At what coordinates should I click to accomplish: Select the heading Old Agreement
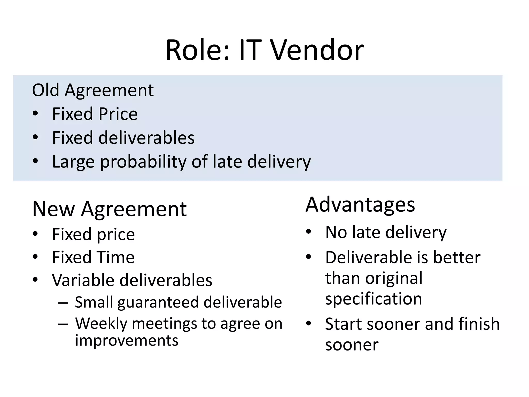(93, 90)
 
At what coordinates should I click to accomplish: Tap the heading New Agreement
(109, 209)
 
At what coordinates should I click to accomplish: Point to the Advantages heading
(360, 205)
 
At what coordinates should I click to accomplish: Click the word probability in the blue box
(143, 162)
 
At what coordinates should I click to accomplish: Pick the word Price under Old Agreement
(118, 114)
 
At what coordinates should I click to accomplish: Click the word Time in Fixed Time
(114, 257)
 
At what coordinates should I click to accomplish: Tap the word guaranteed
(158, 302)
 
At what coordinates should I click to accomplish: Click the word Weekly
(101, 324)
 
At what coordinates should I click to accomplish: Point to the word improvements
(127, 340)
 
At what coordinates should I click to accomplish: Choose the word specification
(374, 299)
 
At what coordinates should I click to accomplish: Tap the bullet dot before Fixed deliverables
(35, 137)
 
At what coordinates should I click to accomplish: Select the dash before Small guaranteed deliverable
(63, 302)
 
